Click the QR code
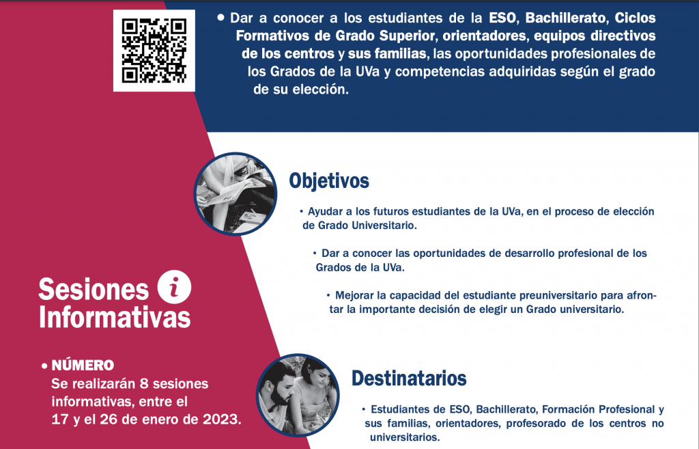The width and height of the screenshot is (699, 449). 154,51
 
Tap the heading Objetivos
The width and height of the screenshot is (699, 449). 329,180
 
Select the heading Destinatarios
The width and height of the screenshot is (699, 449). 409,378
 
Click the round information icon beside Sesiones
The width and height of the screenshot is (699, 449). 174,287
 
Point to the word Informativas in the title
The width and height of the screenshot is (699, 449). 115,317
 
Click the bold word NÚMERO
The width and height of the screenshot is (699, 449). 83,365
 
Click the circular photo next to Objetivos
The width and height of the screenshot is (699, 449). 236,193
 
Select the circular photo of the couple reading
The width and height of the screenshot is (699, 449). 298,396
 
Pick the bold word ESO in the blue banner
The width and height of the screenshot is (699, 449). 503,18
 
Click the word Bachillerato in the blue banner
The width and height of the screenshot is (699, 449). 566,18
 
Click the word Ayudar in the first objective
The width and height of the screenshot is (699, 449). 323,212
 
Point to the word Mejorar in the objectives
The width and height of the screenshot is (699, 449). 354,295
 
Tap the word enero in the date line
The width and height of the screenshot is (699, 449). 170,420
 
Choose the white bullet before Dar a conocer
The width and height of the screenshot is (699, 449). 220,18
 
